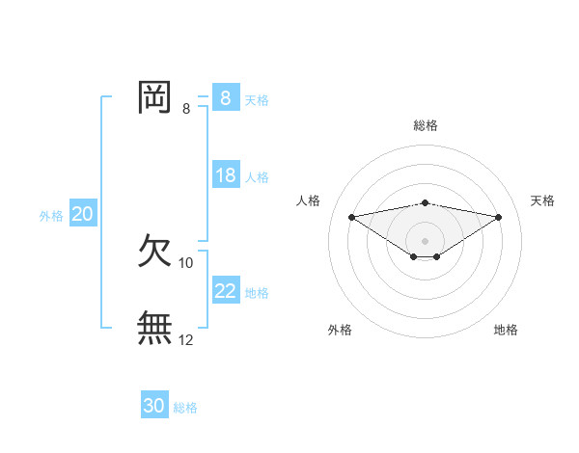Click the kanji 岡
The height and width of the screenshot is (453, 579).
pos(154,96)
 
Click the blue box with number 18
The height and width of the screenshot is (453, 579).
pos(225,175)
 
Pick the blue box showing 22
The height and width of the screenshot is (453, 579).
pos(225,290)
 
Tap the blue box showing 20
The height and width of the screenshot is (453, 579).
pos(82,214)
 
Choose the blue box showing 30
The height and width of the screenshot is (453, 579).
pos(153,406)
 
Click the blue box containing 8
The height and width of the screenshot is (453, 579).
pos(225,97)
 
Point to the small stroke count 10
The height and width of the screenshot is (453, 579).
pos(186,263)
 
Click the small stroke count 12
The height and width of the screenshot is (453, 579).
pos(186,340)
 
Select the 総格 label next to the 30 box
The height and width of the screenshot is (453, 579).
pos(185,408)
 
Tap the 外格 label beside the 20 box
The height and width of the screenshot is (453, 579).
pos(51,216)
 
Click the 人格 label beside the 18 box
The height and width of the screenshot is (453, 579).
pos(257,177)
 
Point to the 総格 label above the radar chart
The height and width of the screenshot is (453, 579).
pos(426,125)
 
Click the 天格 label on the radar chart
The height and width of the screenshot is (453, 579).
pos(542,200)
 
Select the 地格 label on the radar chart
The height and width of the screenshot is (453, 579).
pos(506,330)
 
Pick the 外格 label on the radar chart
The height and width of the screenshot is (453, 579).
pos(340,330)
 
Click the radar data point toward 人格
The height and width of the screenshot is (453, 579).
pos(351,216)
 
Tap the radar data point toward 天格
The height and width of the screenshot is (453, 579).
pos(499,217)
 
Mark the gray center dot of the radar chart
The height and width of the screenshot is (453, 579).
pos(425,240)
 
